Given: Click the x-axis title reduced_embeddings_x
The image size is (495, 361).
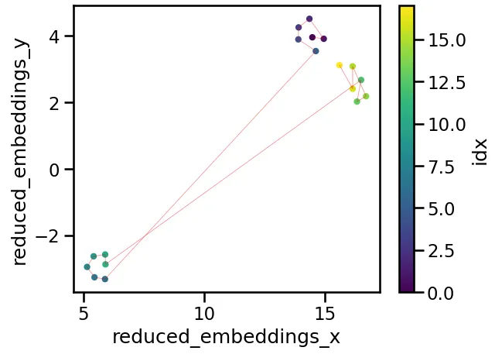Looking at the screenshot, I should pos(226,337).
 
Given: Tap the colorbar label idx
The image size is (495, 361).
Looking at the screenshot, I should pos(480,150).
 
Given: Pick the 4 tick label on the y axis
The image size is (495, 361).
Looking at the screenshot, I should pos(56,36).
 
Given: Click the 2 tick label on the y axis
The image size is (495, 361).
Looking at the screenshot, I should pos(56,103).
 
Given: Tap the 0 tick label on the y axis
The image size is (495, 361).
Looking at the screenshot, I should pos(56,170).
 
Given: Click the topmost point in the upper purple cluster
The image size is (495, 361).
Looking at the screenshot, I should pos(309,19).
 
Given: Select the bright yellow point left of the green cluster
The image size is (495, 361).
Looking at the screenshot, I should pos(339,65).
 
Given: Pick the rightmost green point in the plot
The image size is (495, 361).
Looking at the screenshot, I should pos(366,96).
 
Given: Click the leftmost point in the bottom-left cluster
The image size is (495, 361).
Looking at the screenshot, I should pos(87,266).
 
